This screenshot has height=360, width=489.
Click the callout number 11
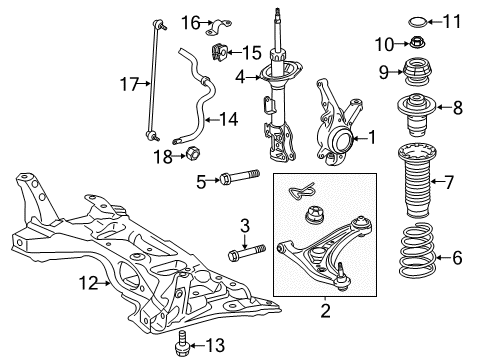[x=452, y=19]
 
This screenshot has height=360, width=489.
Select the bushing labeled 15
[x=217, y=51]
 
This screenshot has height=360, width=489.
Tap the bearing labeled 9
[x=409, y=71]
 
